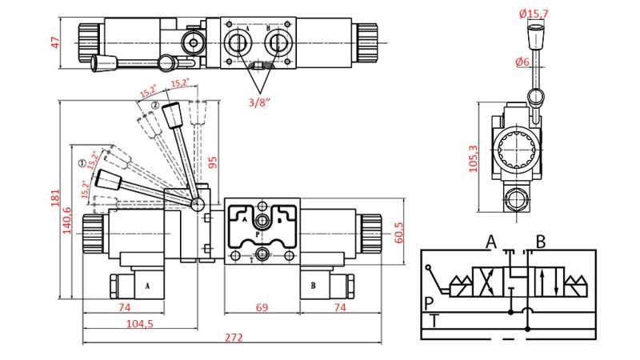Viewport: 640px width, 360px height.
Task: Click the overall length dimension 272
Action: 233,338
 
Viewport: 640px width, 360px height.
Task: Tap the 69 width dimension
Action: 261,306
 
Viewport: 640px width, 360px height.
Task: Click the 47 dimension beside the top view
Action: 55,42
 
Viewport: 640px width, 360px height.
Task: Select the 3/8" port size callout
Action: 258,101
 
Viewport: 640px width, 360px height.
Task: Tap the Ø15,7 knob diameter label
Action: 533,14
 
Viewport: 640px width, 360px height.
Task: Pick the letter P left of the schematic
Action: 429,302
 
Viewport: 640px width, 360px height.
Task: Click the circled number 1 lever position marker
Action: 82,163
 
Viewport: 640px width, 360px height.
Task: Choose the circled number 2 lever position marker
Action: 155,106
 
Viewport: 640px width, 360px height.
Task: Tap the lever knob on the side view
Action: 533,37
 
